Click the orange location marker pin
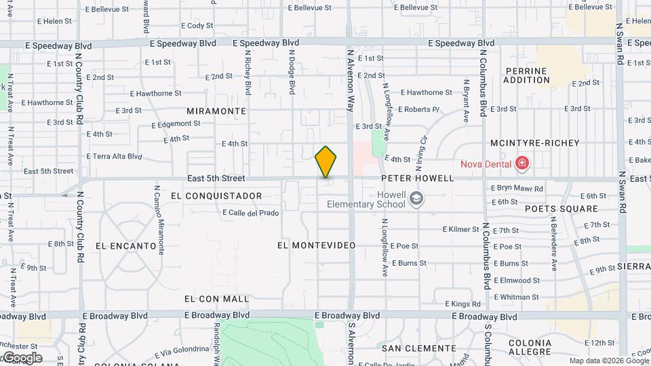click(326, 162)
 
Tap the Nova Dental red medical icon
click(521, 163)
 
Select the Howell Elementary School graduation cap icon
click(416, 199)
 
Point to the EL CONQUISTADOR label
click(216, 196)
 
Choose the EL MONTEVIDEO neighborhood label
click(317, 245)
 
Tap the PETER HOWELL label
click(417, 178)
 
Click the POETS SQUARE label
click(561, 209)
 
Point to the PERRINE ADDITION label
click(527, 75)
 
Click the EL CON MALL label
click(216, 299)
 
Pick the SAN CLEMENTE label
click(418, 348)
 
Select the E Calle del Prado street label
click(251, 213)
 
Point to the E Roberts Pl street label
click(419, 109)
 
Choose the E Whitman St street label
click(517, 297)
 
